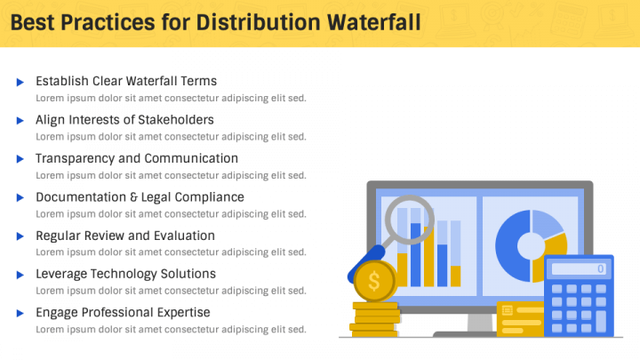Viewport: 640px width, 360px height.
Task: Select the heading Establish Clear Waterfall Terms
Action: pos(126,81)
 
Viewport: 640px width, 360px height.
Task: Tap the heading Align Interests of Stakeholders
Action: pos(124,119)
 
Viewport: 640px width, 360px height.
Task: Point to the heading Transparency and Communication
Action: pos(137,158)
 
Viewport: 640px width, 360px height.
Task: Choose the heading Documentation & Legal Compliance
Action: pos(140,196)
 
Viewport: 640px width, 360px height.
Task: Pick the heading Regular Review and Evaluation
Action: pos(125,236)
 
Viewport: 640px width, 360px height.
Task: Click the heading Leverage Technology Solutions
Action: pos(125,274)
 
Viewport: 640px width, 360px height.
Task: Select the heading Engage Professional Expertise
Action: pos(123,312)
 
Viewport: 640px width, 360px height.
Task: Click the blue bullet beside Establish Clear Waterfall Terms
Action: pos(20,82)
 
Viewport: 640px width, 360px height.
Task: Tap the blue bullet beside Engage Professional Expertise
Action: pos(20,313)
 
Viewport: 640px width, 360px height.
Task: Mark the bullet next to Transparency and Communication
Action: pos(20,159)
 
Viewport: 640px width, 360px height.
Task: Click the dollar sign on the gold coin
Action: pos(374,283)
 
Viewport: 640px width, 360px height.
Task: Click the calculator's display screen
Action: pos(578,268)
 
